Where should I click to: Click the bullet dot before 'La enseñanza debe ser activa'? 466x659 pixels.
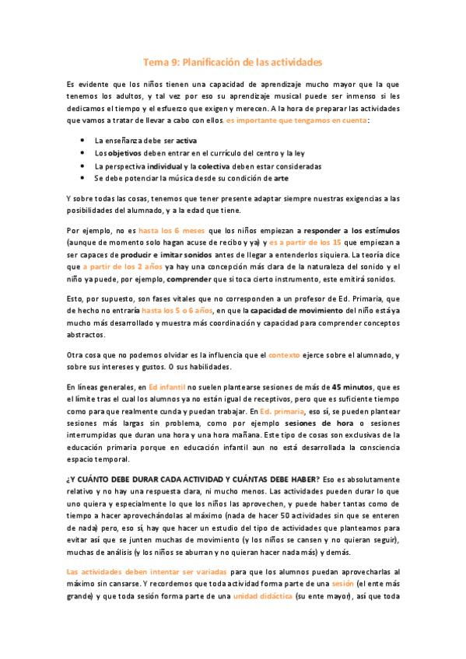pos(83,141)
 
